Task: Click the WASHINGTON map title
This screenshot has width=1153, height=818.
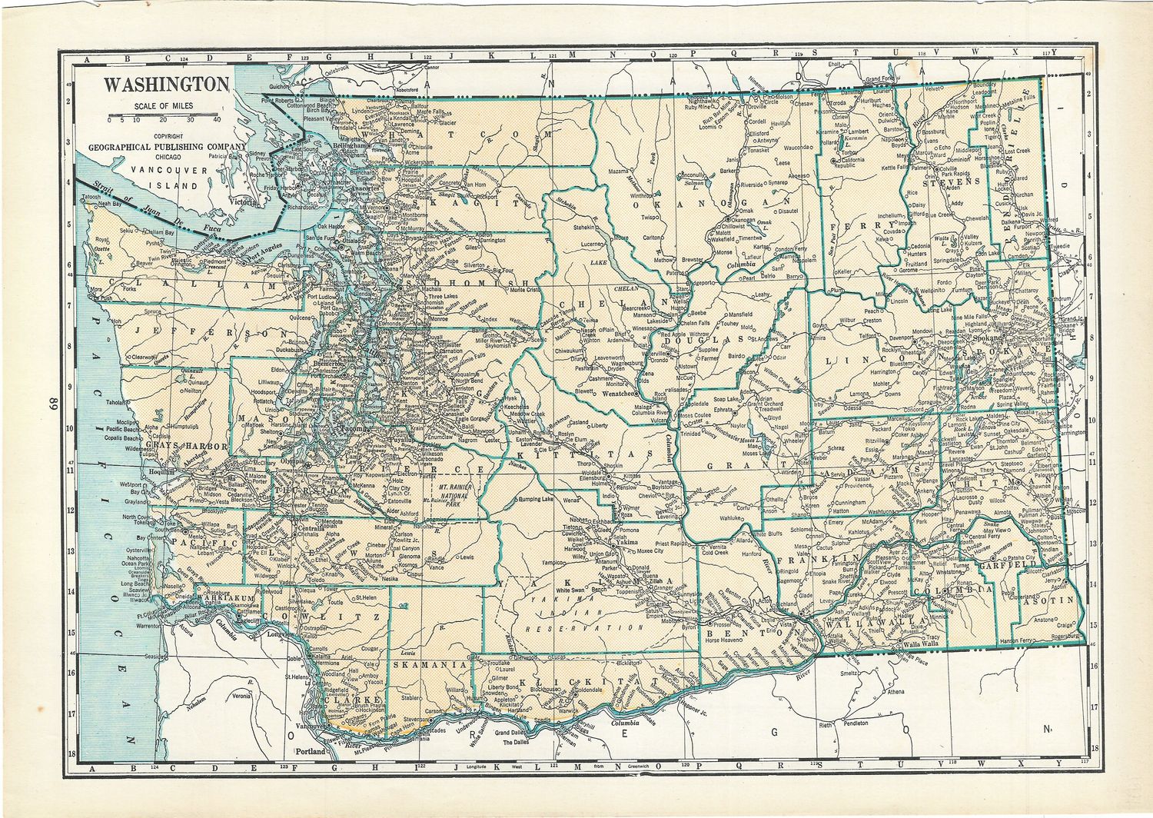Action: coord(167,84)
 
